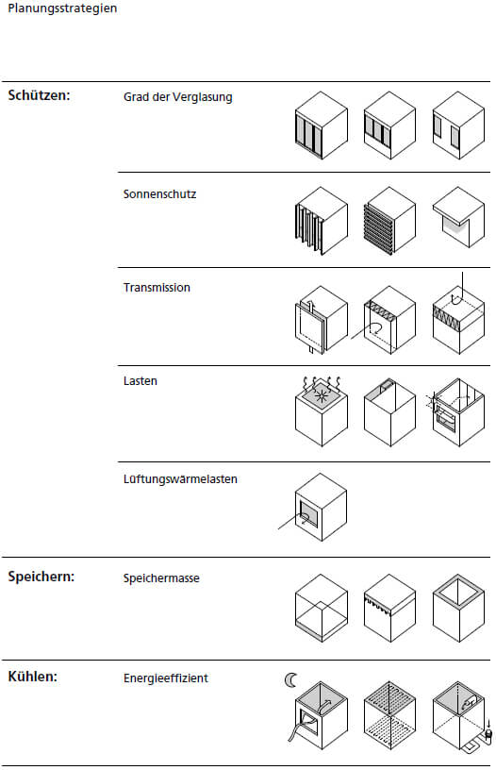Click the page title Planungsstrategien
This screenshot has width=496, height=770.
pyautogui.click(x=62, y=8)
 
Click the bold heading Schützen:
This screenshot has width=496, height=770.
pyautogui.click(x=39, y=95)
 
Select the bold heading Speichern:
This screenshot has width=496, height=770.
pyautogui.click(x=41, y=577)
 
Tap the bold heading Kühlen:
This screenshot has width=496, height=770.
pyautogui.click(x=32, y=677)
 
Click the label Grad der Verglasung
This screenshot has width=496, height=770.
pyautogui.click(x=177, y=97)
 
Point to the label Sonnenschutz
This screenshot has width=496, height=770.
pyautogui.click(x=159, y=194)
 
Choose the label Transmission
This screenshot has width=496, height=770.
pyautogui.click(x=157, y=288)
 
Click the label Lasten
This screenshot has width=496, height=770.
pyautogui.click(x=141, y=381)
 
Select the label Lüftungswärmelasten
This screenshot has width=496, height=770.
pyautogui.click(x=180, y=479)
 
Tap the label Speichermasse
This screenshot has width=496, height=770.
pyautogui.click(x=161, y=578)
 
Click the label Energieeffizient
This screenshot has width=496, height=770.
pyautogui.click(x=166, y=678)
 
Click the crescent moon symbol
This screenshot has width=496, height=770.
pyautogui.click(x=291, y=680)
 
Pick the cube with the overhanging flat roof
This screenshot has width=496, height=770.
pyautogui.click(x=458, y=217)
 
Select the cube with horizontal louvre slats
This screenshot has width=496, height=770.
pyautogui.click(x=390, y=221)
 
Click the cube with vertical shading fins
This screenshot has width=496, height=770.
pyautogui.click(x=322, y=221)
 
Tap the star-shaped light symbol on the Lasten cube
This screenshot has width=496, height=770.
pyautogui.click(x=322, y=395)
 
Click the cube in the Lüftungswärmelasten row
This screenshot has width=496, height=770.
pyautogui.click(x=321, y=508)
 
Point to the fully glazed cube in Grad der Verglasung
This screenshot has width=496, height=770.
pyautogui.click(x=322, y=126)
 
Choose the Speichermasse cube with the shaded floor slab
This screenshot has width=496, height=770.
pyautogui.click(x=322, y=608)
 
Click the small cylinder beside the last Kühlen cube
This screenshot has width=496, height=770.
pyautogui.click(x=488, y=735)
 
